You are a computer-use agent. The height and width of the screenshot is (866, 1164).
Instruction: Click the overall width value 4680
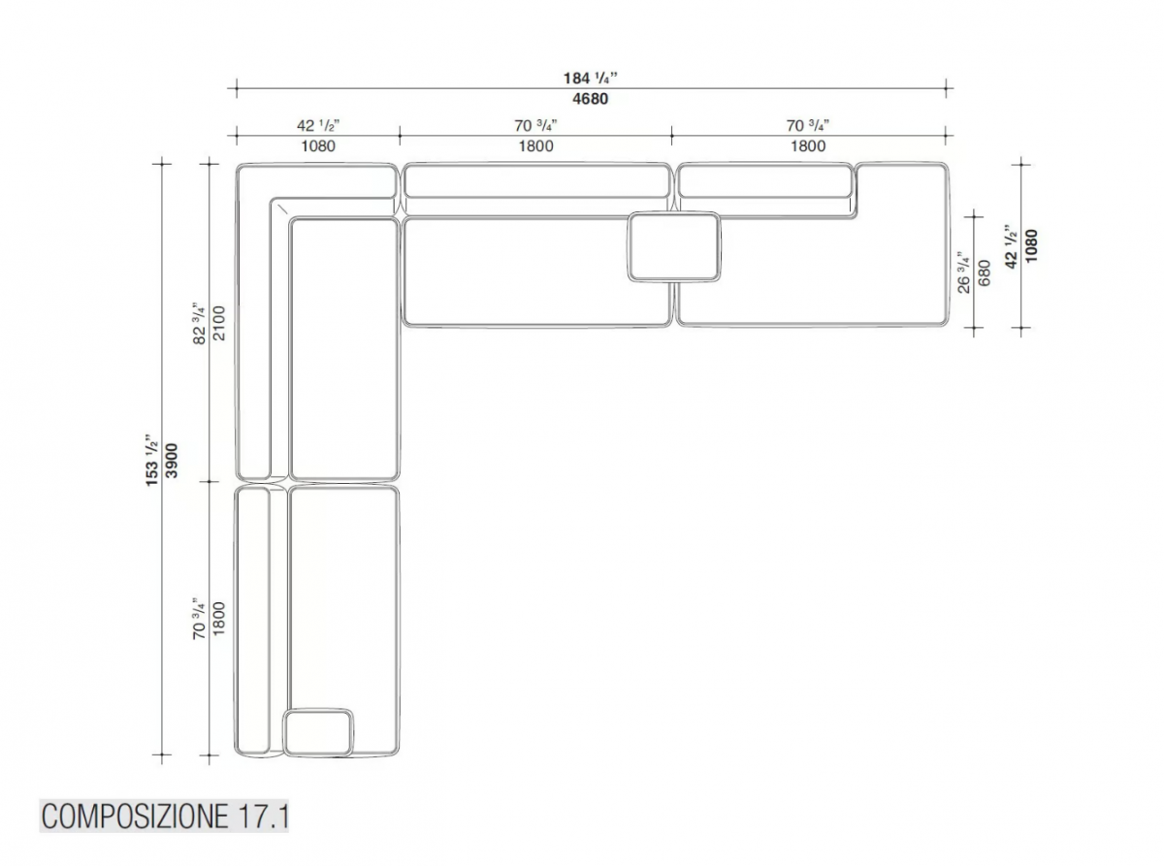[x=590, y=99]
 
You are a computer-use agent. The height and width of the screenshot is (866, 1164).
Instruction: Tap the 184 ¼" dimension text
[x=590, y=78]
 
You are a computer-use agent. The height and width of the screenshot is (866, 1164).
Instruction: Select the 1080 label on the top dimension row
[x=318, y=145]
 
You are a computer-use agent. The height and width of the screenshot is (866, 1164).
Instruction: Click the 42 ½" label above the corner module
[x=318, y=125]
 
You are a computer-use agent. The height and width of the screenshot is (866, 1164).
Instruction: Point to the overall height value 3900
[x=172, y=461]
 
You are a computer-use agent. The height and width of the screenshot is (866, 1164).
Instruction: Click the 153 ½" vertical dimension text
[x=151, y=460]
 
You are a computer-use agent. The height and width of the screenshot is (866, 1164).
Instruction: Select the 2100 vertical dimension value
[x=219, y=323]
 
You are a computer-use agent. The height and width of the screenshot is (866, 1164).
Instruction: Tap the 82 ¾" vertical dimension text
[x=200, y=323]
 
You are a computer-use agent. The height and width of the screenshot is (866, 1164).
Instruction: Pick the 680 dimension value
[x=985, y=273]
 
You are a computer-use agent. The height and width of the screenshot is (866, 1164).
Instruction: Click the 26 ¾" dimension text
[x=964, y=273]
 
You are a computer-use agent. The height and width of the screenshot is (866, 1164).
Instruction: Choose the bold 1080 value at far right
[x=1031, y=246]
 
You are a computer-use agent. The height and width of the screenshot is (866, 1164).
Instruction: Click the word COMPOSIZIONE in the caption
[x=135, y=817]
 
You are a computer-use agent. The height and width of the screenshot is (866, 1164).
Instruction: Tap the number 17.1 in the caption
[x=263, y=817]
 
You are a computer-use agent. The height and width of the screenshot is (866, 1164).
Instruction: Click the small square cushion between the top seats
[x=674, y=246]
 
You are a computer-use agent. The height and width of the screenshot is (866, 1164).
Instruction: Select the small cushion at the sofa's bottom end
[x=318, y=732]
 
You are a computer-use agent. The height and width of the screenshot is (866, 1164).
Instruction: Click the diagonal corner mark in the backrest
[x=282, y=208]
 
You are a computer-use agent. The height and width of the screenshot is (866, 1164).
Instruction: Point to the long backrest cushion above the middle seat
[x=536, y=181]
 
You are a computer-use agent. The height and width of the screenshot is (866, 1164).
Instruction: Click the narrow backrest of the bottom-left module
[x=252, y=621]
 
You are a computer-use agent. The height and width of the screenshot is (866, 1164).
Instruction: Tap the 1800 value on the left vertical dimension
[x=219, y=619]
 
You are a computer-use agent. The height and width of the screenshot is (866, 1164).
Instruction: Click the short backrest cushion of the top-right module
[x=764, y=181]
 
